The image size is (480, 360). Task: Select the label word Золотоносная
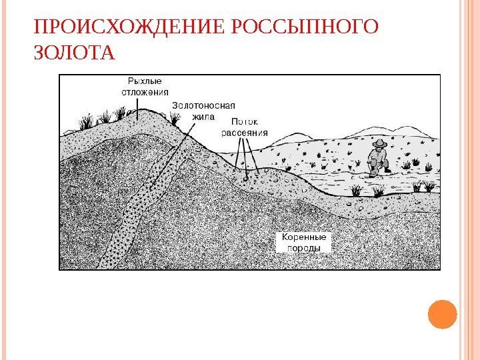coord(204,105)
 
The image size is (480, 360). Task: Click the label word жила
coord(203,115)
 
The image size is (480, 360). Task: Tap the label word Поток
coord(244,122)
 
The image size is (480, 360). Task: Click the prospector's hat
coord(379,143)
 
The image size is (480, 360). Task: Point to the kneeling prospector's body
coord(378,159)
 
